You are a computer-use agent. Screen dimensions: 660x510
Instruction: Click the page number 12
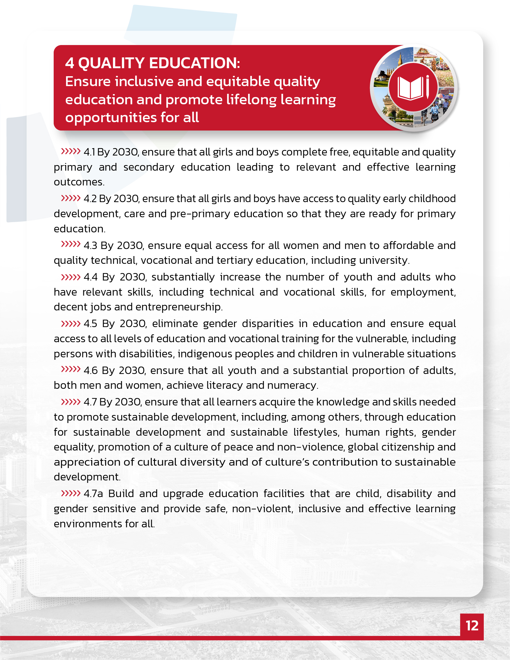(472, 625)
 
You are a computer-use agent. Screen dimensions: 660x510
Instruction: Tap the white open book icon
(410, 88)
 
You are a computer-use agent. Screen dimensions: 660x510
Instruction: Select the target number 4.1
(89, 152)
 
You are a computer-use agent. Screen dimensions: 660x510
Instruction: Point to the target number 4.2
(90, 199)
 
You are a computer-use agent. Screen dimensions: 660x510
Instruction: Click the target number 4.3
(90, 246)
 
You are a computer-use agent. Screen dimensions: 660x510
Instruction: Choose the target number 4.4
(91, 277)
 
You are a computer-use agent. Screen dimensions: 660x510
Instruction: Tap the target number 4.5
(90, 324)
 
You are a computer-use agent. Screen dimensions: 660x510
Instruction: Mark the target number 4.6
(90, 371)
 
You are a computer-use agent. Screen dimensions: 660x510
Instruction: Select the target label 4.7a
(93, 494)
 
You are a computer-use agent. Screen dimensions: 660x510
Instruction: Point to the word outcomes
(79, 182)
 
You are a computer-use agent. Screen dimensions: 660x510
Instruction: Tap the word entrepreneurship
(179, 307)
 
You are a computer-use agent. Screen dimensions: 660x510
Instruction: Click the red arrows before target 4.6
(71, 369)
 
